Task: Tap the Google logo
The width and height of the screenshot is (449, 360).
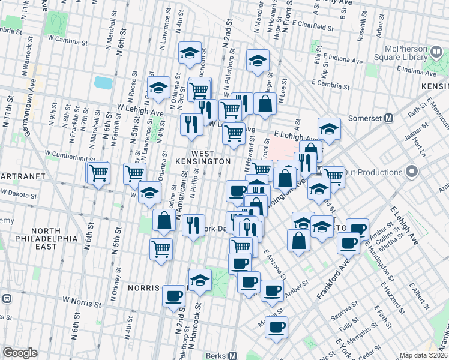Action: coord(20,353)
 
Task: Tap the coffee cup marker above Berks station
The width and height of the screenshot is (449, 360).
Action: coord(276,327)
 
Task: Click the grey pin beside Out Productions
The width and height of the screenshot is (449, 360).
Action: coord(411,173)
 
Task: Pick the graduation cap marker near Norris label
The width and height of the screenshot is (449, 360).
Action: coord(200,280)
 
